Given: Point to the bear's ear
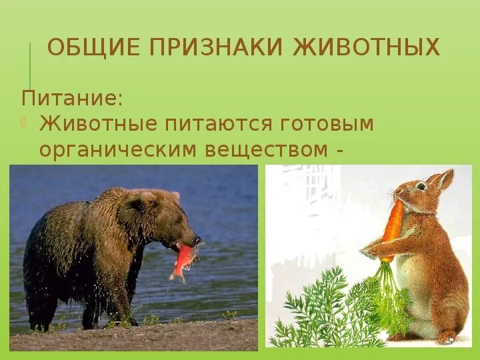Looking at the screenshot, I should pyautogui.click(x=174, y=197).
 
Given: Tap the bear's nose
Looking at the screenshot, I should pyautogui.click(x=197, y=239).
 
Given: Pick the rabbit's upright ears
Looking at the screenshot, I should pyautogui.click(x=441, y=180).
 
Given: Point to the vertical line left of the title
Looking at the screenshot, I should pyautogui.click(x=29, y=65).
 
